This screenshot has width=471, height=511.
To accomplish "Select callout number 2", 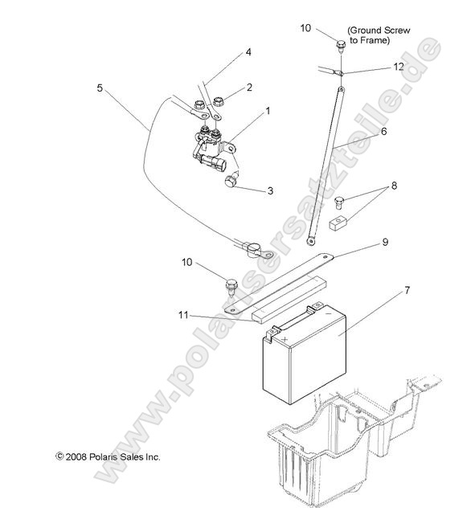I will (x=249, y=87).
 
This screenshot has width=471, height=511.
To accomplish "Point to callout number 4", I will (x=248, y=52).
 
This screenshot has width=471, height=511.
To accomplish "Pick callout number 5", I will (x=100, y=87).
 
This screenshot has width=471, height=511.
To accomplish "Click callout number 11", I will (x=184, y=316).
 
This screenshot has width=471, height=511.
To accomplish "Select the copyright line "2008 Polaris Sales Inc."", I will (x=108, y=456).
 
